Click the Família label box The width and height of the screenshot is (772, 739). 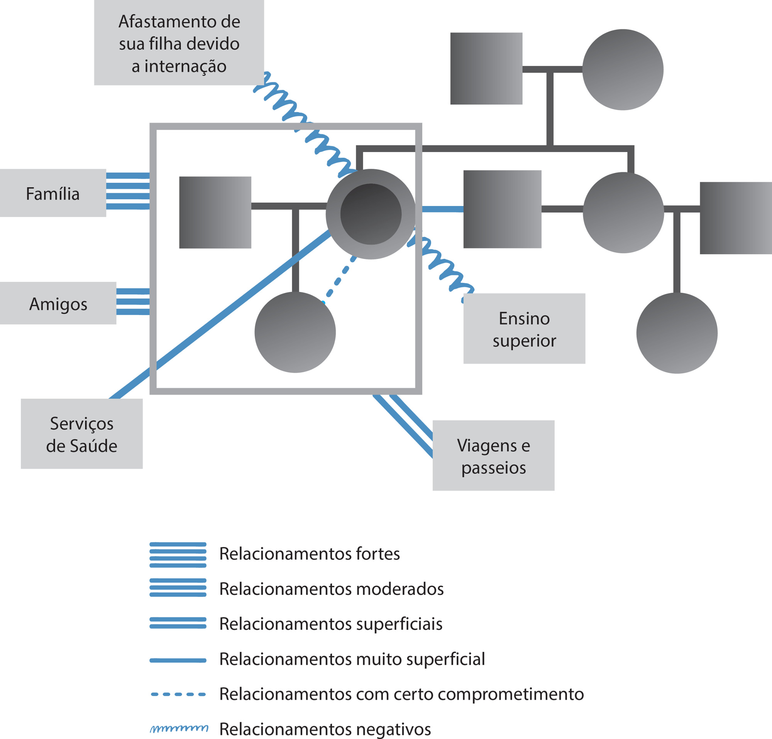(53, 193)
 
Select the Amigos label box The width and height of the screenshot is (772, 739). (58, 303)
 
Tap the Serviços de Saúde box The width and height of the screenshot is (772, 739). (81, 434)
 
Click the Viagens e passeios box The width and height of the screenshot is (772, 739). (494, 455)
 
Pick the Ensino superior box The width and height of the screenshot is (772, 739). (524, 329)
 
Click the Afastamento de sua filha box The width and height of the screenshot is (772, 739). (179, 42)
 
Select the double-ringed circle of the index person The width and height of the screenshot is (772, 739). (371, 214)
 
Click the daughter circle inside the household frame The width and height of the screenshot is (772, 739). (295, 332)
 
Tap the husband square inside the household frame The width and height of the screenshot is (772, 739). (215, 213)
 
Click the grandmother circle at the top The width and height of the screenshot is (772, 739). (623, 70)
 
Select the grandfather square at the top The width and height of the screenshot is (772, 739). (486, 69)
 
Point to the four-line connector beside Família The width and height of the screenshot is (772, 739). (128, 191)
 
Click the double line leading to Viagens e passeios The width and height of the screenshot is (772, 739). (403, 426)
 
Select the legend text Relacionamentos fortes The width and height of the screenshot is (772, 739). (310, 553)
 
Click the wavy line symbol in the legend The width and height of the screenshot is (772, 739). (179, 728)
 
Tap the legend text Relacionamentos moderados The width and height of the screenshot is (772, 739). (332, 589)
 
